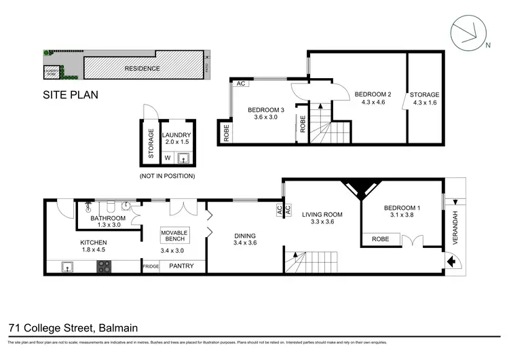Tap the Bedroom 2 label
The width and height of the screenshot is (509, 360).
[373, 94]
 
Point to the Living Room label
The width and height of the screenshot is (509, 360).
[323, 215]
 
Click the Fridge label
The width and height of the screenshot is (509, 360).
[150, 266]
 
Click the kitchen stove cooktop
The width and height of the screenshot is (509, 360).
[104, 266]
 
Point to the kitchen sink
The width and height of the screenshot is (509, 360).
[68, 266]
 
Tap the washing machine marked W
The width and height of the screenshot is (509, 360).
[168, 158]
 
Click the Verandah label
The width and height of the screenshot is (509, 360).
[456, 229]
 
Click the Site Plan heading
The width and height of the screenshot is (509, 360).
[71, 95]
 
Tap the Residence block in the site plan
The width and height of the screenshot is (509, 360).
[143, 69]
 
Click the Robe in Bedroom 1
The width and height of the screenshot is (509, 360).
[381, 239]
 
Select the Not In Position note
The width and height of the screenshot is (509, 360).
[167, 176]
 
